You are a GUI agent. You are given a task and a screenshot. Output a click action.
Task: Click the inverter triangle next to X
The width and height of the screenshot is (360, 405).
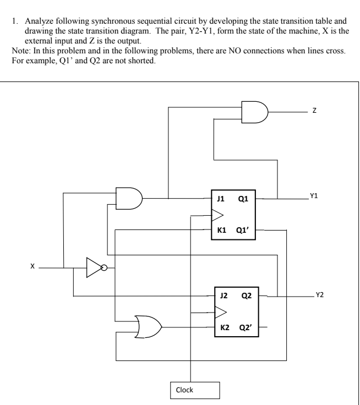(x=95, y=269)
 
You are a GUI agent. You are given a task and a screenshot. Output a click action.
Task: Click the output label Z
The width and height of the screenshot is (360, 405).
(x=314, y=111)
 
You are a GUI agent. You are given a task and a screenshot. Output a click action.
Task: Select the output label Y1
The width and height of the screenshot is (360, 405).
(x=314, y=196)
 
